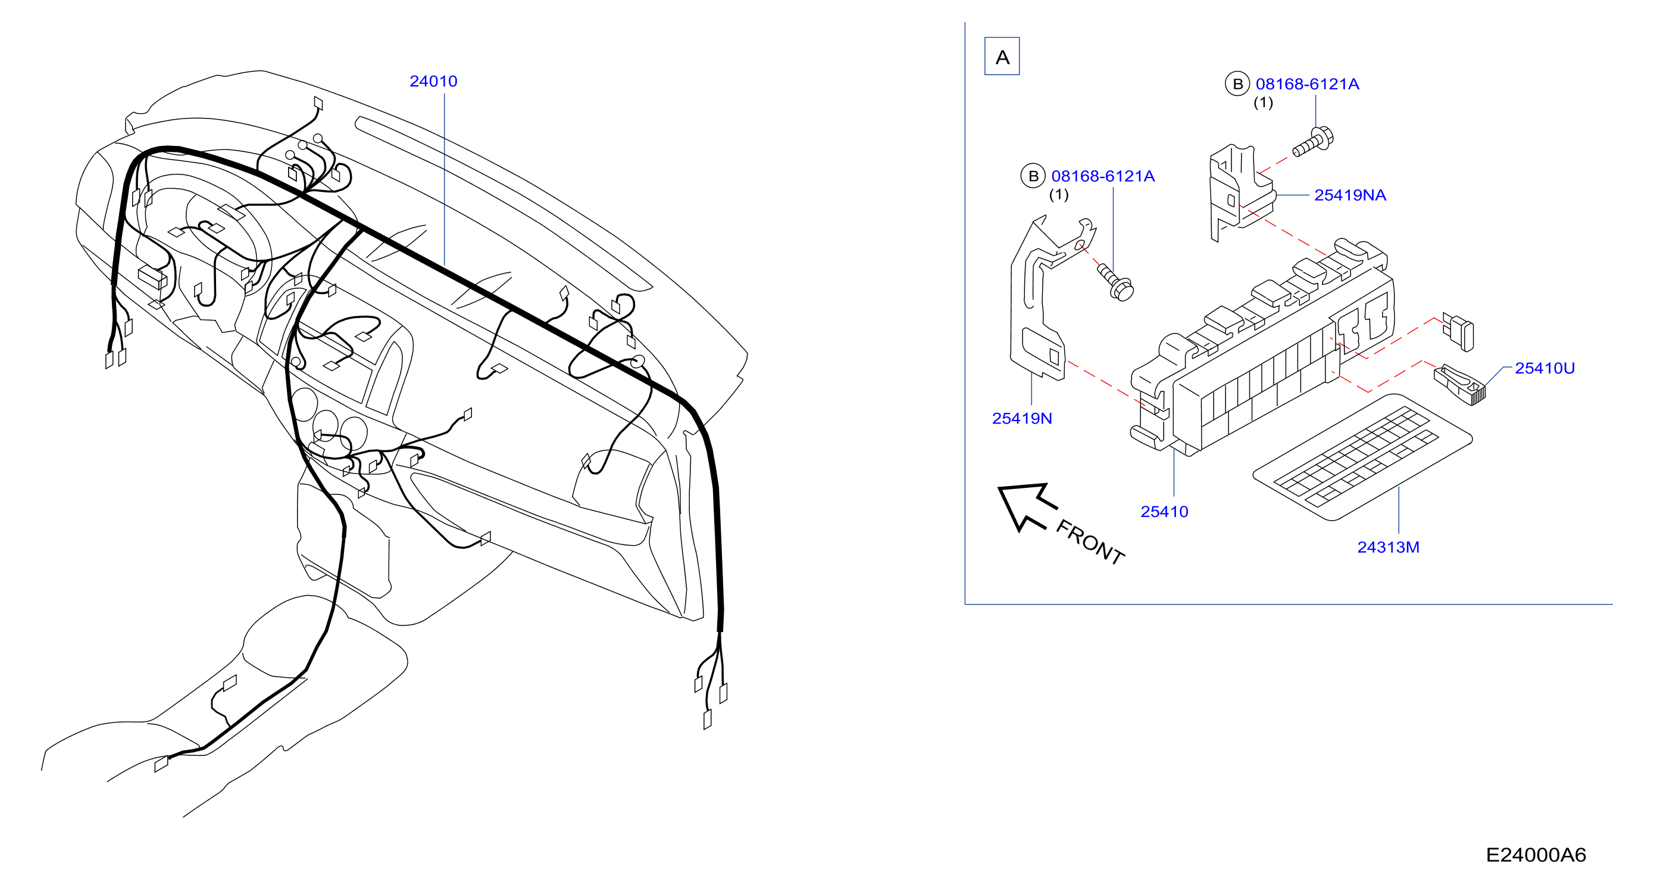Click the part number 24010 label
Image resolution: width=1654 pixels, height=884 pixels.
click(433, 81)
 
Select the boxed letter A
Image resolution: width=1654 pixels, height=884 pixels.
click(1002, 57)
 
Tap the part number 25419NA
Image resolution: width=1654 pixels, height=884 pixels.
click(1350, 195)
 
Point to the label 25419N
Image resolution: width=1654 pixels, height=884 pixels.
click(1021, 418)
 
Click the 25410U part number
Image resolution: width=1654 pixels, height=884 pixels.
click(1544, 368)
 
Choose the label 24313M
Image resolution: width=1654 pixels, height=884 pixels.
click(1387, 547)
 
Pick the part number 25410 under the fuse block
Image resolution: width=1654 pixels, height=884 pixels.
click(1164, 511)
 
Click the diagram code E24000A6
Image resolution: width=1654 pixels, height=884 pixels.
click(1535, 854)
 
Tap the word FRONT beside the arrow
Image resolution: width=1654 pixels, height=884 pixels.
click(1090, 542)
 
